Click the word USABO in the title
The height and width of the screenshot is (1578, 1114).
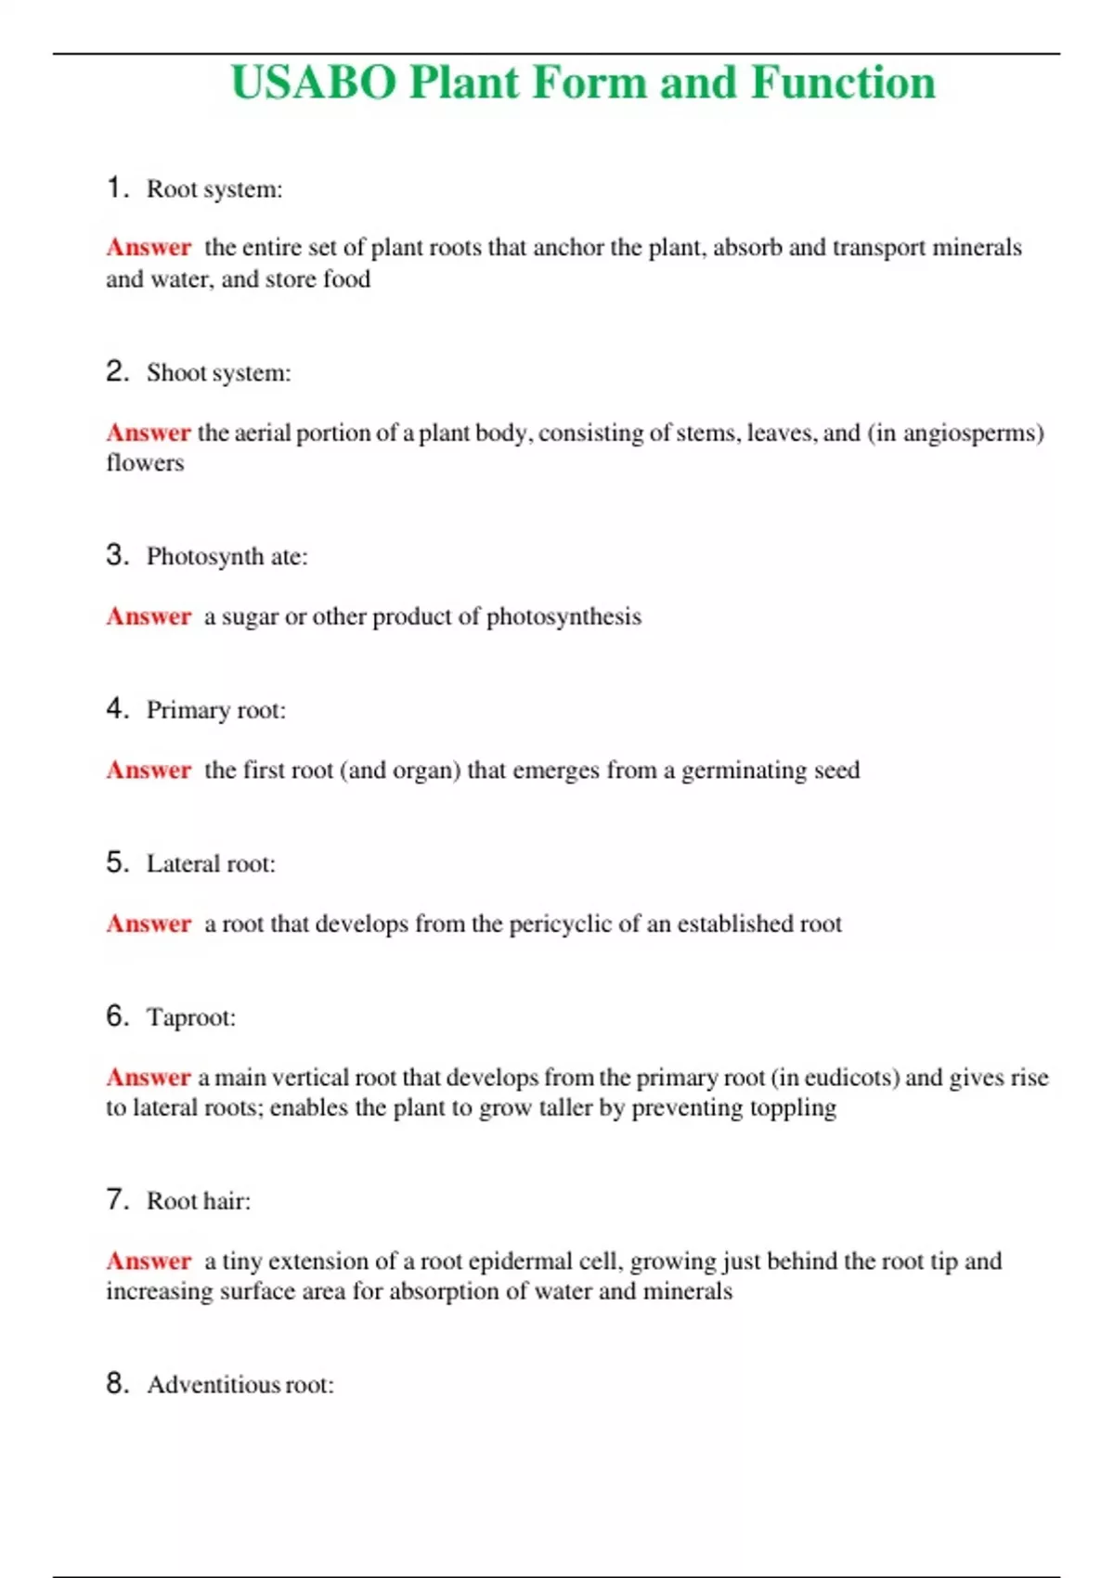click(x=314, y=83)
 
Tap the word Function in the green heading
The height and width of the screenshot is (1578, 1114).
click(x=843, y=83)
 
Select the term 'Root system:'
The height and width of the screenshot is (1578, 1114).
click(x=214, y=189)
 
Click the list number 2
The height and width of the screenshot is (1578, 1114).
click(x=116, y=371)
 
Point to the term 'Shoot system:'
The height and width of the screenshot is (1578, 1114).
click(x=218, y=373)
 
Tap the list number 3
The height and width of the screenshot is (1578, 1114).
click(x=116, y=555)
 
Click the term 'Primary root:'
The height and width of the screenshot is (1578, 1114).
click(x=216, y=710)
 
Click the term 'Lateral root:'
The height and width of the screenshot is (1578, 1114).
click(x=211, y=864)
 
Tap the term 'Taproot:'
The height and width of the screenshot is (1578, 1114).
click(x=191, y=1017)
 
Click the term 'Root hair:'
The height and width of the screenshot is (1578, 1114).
click(x=199, y=1201)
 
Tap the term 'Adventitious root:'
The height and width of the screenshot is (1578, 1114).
click(x=240, y=1385)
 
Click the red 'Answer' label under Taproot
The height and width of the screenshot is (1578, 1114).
click(x=148, y=1078)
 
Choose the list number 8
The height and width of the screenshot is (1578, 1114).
click(x=116, y=1383)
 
